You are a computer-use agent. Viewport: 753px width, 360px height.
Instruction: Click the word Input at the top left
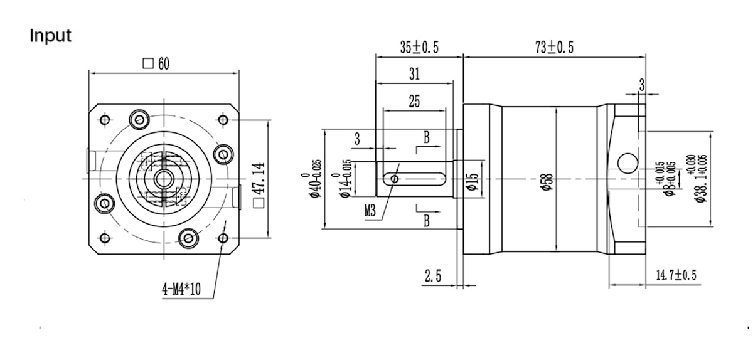click(x=51, y=36)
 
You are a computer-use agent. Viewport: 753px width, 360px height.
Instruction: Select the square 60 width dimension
click(x=157, y=63)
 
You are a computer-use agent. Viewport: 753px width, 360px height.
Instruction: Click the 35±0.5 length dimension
click(x=419, y=48)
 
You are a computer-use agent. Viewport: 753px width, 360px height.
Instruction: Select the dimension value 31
click(x=414, y=74)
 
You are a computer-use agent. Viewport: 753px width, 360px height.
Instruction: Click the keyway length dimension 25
click(x=414, y=102)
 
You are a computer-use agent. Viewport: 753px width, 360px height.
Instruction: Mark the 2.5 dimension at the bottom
click(x=434, y=277)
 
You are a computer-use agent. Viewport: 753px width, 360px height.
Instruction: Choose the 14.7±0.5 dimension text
click(x=676, y=275)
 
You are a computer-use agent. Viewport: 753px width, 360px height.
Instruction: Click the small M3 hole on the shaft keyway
click(x=394, y=179)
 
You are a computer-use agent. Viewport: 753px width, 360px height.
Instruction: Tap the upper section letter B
click(x=426, y=139)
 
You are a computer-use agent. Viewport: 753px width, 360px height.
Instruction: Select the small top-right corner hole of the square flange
click(x=223, y=119)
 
